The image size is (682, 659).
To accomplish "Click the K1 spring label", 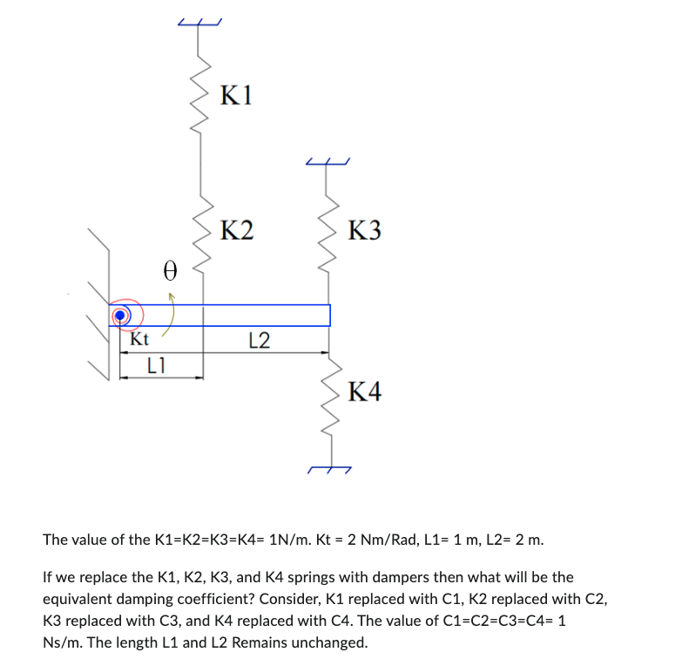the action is [236, 95].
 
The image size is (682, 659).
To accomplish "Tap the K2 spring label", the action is [236, 231].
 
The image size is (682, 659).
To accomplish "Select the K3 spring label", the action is [364, 232].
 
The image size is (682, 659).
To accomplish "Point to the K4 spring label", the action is [364, 393].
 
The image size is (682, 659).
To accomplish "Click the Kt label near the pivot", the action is [139, 339].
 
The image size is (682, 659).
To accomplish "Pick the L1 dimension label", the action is [156, 366].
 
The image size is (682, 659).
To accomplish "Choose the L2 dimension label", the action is [259, 340].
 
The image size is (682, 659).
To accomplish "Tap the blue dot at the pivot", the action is [121, 315].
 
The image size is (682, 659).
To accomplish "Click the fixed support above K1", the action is [200, 21].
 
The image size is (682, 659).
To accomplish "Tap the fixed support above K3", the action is [327, 161].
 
